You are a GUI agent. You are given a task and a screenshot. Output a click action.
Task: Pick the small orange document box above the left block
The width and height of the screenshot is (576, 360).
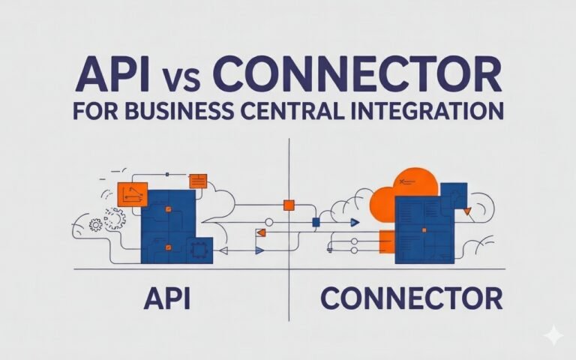(x=198, y=180)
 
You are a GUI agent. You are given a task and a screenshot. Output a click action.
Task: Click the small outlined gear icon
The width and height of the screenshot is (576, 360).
(x=95, y=223)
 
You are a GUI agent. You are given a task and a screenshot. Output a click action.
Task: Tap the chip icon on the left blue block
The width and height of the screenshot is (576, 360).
(x=200, y=247)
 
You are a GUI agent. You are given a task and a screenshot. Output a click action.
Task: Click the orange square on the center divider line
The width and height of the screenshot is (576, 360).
(x=288, y=205)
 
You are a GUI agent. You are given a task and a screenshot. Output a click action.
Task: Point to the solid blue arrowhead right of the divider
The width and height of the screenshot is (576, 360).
(x=355, y=222)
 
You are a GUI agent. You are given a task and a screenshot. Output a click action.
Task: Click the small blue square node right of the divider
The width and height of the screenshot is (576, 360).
(x=316, y=222)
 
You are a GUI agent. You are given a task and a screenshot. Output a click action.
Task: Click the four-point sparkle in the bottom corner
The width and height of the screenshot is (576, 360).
(x=553, y=335)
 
